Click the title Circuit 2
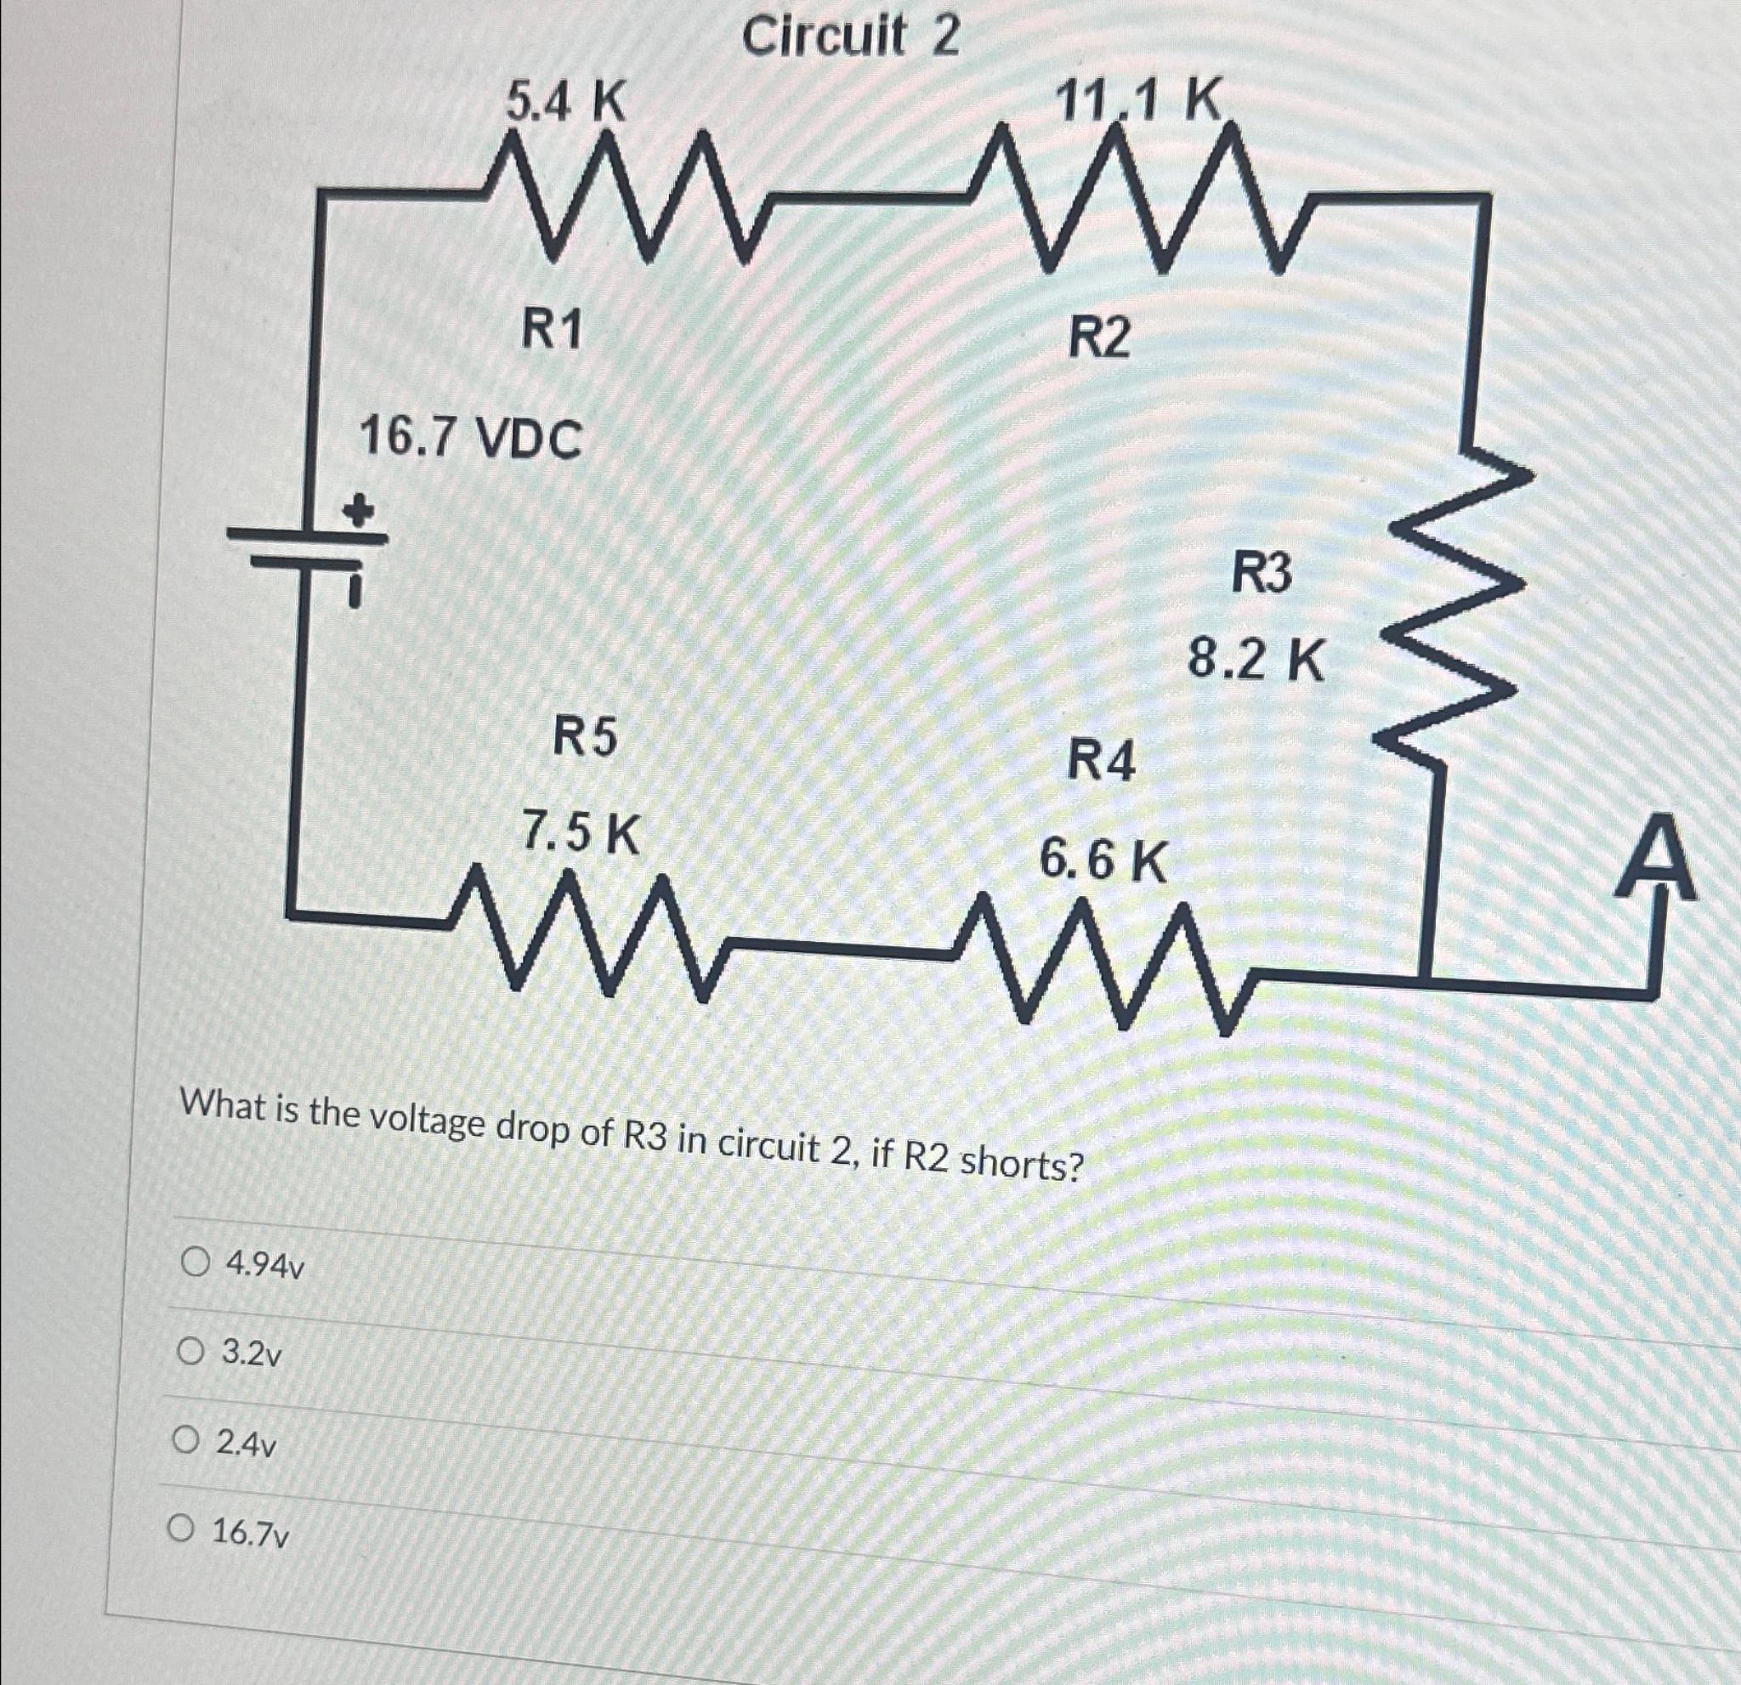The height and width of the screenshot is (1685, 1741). click(x=850, y=37)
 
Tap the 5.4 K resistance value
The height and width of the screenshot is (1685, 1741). click(x=566, y=102)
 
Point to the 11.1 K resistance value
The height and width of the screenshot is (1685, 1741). click(x=1140, y=99)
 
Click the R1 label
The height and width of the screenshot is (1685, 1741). click(x=551, y=332)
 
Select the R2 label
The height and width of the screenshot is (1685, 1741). click(x=1100, y=338)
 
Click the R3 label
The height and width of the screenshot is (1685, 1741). click(x=1261, y=573)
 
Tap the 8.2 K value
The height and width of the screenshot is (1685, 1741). click(x=1256, y=661)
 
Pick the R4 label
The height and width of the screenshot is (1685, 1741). click(x=1101, y=761)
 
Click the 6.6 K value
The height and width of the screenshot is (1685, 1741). click(x=1103, y=860)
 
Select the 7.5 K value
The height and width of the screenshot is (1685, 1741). click(x=580, y=833)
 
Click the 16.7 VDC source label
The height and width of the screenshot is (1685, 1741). click(x=470, y=439)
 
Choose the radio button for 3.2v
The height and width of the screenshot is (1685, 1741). click(x=190, y=1352)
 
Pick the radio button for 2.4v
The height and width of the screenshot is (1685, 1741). click(x=184, y=1440)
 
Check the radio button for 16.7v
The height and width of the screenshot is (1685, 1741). click(x=181, y=1529)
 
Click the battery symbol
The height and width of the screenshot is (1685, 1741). click(x=306, y=551)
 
